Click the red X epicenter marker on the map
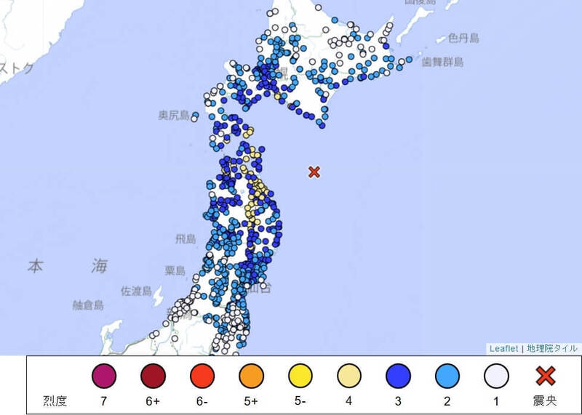tap(314, 172)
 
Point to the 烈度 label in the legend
tap(56, 400)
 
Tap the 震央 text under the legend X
tap(546, 400)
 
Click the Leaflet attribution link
tap(504, 349)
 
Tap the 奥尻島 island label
tap(174, 116)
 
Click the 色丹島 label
tap(463, 37)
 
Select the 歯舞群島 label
tap(443, 63)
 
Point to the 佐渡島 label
tap(136, 291)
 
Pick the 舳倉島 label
tap(88, 305)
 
